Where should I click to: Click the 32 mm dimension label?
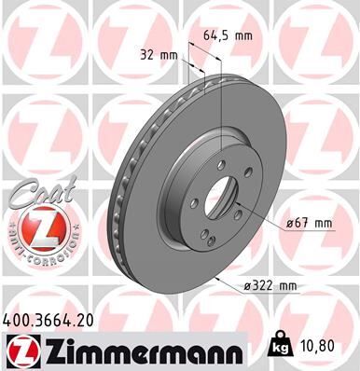point(159,55)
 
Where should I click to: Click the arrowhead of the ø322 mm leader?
point(217,278)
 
